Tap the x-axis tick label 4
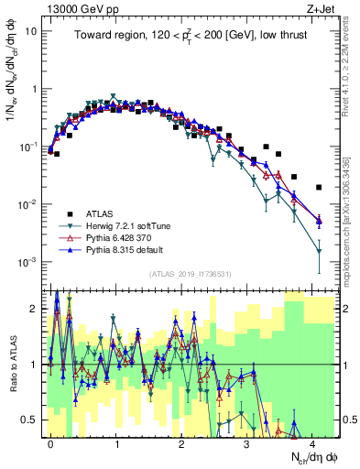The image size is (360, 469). (x=313, y=442)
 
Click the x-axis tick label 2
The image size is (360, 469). (x=182, y=442)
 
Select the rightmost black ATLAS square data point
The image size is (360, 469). (x=319, y=188)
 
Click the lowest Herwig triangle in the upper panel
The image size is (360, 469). (x=319, y=251)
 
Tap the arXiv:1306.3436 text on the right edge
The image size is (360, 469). (x=351, y=220)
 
